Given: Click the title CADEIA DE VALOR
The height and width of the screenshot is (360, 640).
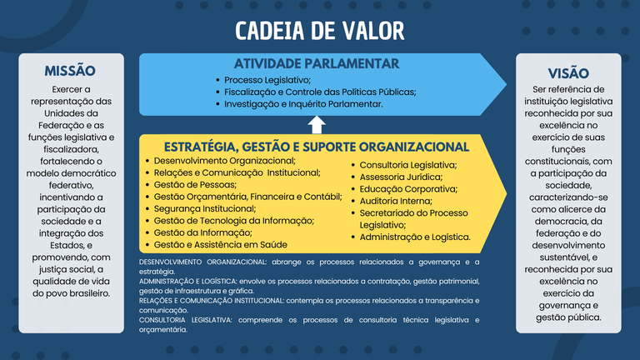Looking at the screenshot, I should point(320,31).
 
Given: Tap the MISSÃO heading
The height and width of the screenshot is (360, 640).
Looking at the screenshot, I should point(70,72).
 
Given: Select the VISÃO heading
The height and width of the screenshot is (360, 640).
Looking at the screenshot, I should point(567,73).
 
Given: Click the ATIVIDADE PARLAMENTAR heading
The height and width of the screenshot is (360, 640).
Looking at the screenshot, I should point(317,63).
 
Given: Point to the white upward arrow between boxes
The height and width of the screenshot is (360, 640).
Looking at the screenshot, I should point(317,125).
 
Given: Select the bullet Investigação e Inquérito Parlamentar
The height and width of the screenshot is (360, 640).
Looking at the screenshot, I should point(303,104).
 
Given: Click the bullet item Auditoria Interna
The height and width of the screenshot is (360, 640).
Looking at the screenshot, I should point(397,201).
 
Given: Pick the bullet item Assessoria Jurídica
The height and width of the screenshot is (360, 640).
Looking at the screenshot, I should point(401,177).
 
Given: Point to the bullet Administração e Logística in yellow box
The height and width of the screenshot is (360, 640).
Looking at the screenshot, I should point(415,237).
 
